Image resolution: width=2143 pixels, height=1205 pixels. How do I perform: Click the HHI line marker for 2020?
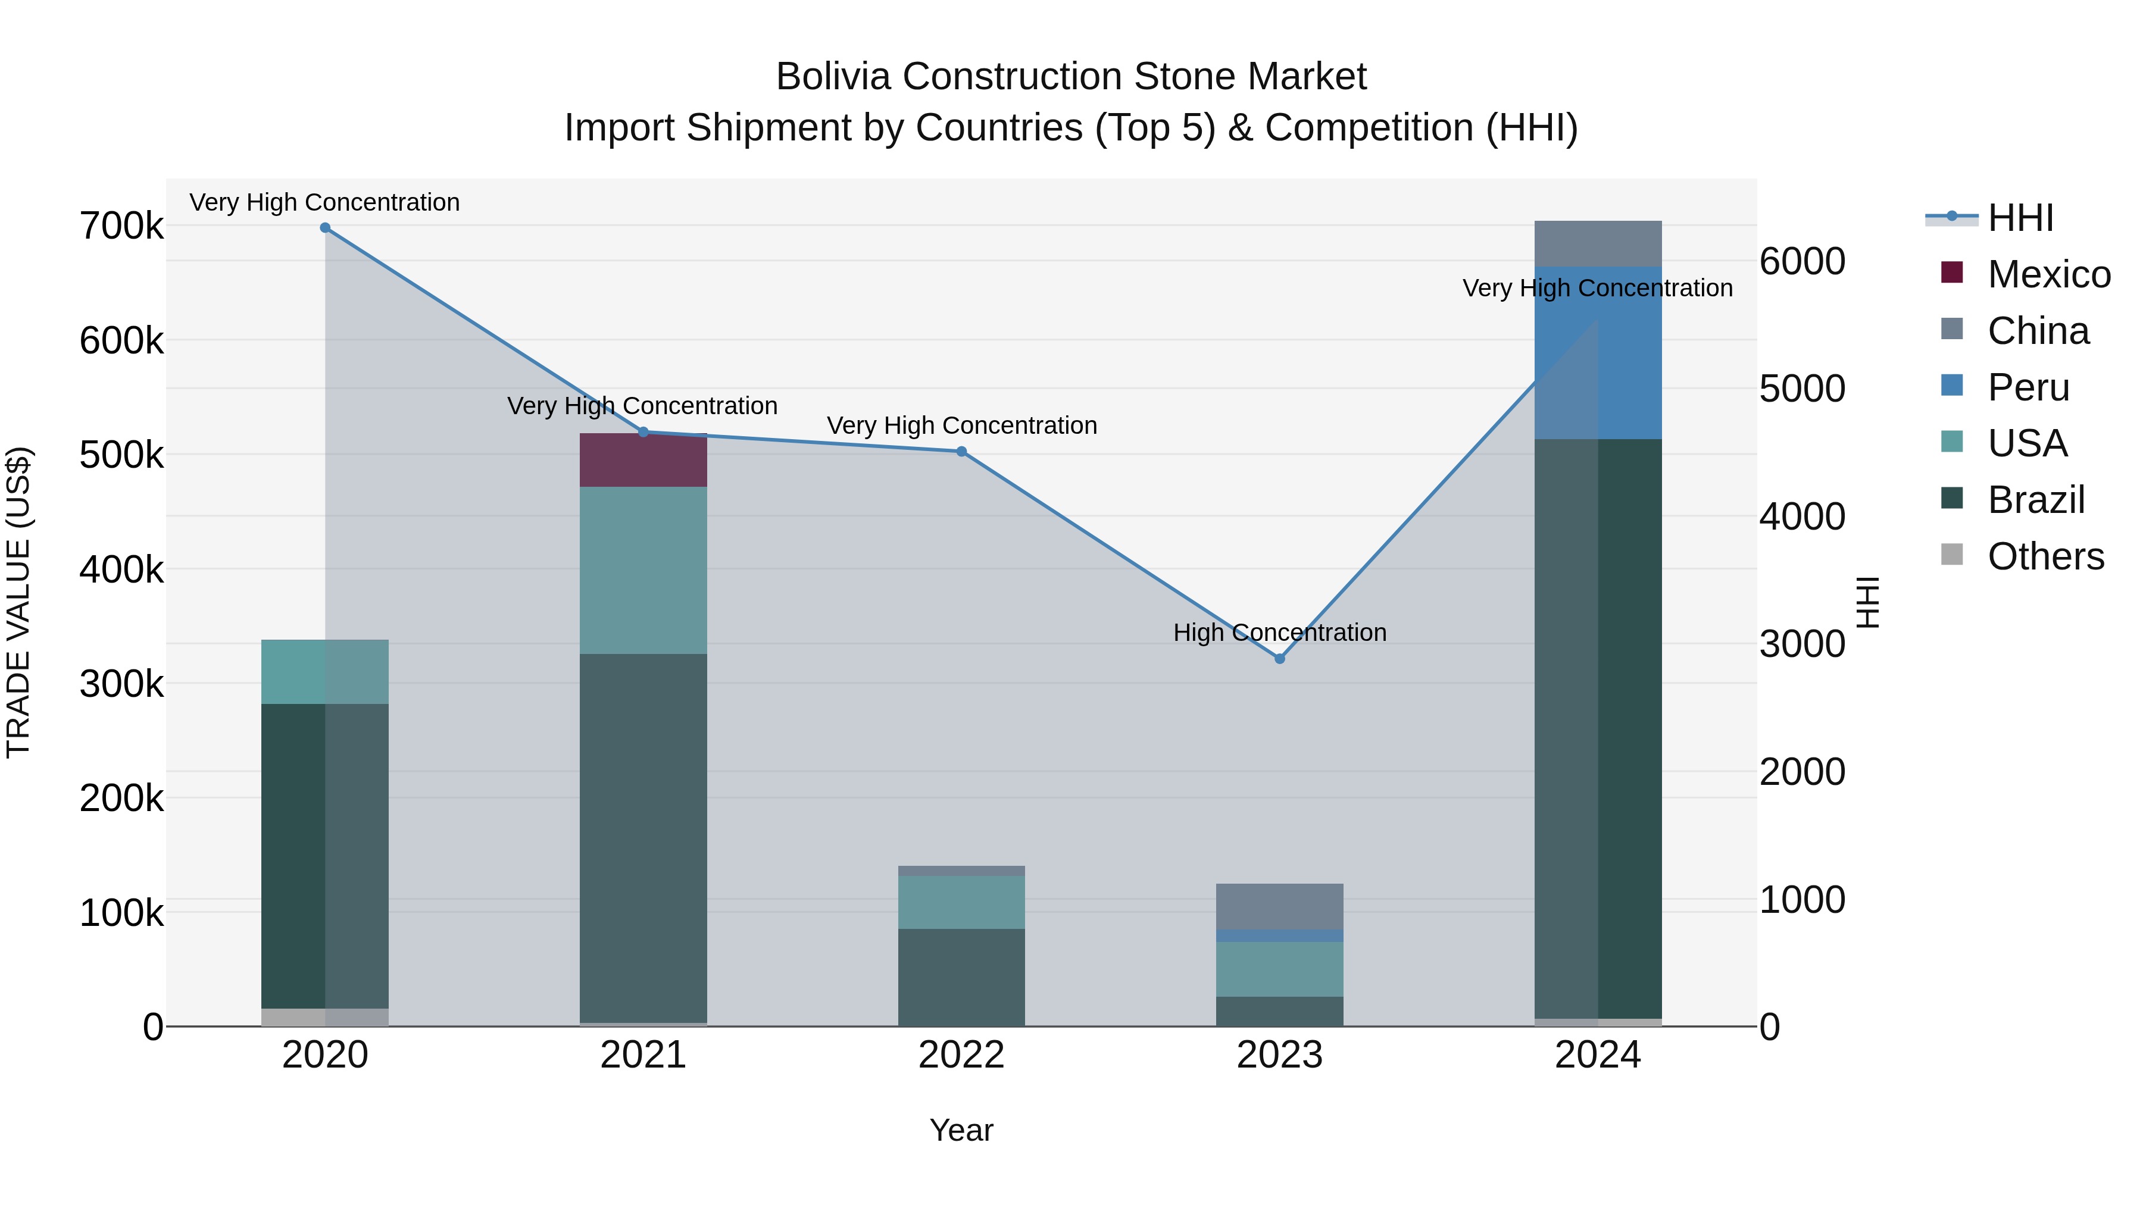click(x=325, y=228)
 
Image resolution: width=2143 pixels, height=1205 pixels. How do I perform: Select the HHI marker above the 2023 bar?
click(x=1279, y=659)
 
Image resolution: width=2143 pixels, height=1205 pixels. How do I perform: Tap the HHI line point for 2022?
click(x=962, y=452)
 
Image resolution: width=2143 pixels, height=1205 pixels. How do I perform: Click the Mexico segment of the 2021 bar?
click(x=643, y=460)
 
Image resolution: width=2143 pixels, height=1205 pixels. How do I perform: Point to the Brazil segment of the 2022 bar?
click(x=962, y=977)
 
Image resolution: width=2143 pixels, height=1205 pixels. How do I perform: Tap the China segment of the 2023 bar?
click(x=1279, y=906)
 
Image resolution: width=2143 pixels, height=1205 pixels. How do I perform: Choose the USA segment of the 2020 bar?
click(x=325, y=672)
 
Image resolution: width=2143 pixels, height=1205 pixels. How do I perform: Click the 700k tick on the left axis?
click(x=121, y=226)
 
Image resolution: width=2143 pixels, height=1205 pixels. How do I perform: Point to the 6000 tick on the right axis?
click(x=1802, y=261)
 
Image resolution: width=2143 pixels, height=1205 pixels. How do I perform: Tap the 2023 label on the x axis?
click(x=1279, y=1054)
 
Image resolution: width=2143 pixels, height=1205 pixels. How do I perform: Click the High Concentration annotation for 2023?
click(x=1279, y=633)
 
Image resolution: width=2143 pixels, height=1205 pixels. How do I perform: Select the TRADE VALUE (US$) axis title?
click(x=18, y=602)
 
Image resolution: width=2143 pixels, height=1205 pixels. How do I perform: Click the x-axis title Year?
click(x=962, y=1130)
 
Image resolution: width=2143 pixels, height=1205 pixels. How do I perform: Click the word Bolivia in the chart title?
click(x=835, y=77)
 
